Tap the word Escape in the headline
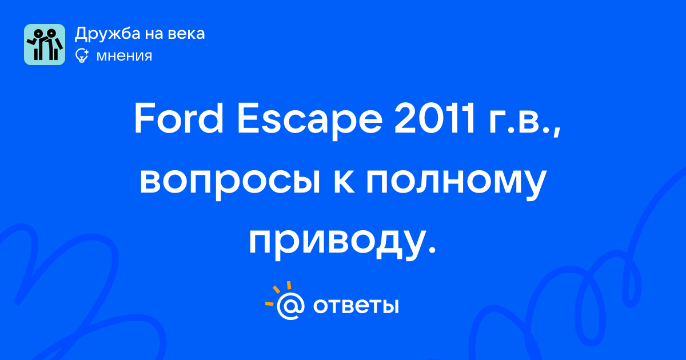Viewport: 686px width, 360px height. (x=310, y=122)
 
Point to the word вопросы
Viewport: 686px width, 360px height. (x=230, y=182)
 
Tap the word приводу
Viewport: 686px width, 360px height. (x=337, y=242)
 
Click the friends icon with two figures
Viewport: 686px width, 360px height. (x=45, y=45)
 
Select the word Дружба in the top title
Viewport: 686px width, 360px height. (x=107, y=34)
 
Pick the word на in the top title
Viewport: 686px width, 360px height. (x=154, y=34)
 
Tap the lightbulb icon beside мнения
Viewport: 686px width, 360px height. (x=82, y=55)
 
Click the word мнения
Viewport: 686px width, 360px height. (x=124, y=56)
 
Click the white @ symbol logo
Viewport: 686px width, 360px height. (x=290, y=306)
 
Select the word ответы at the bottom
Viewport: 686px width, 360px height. (x=356, y=306)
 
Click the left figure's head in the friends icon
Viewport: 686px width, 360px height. (x=38, y=33)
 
